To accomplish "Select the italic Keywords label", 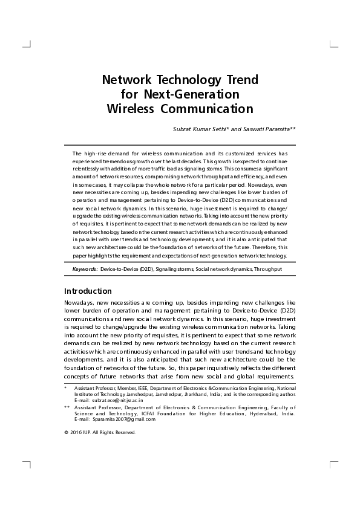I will click(85, 268).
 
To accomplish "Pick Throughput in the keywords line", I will click(268, 268).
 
